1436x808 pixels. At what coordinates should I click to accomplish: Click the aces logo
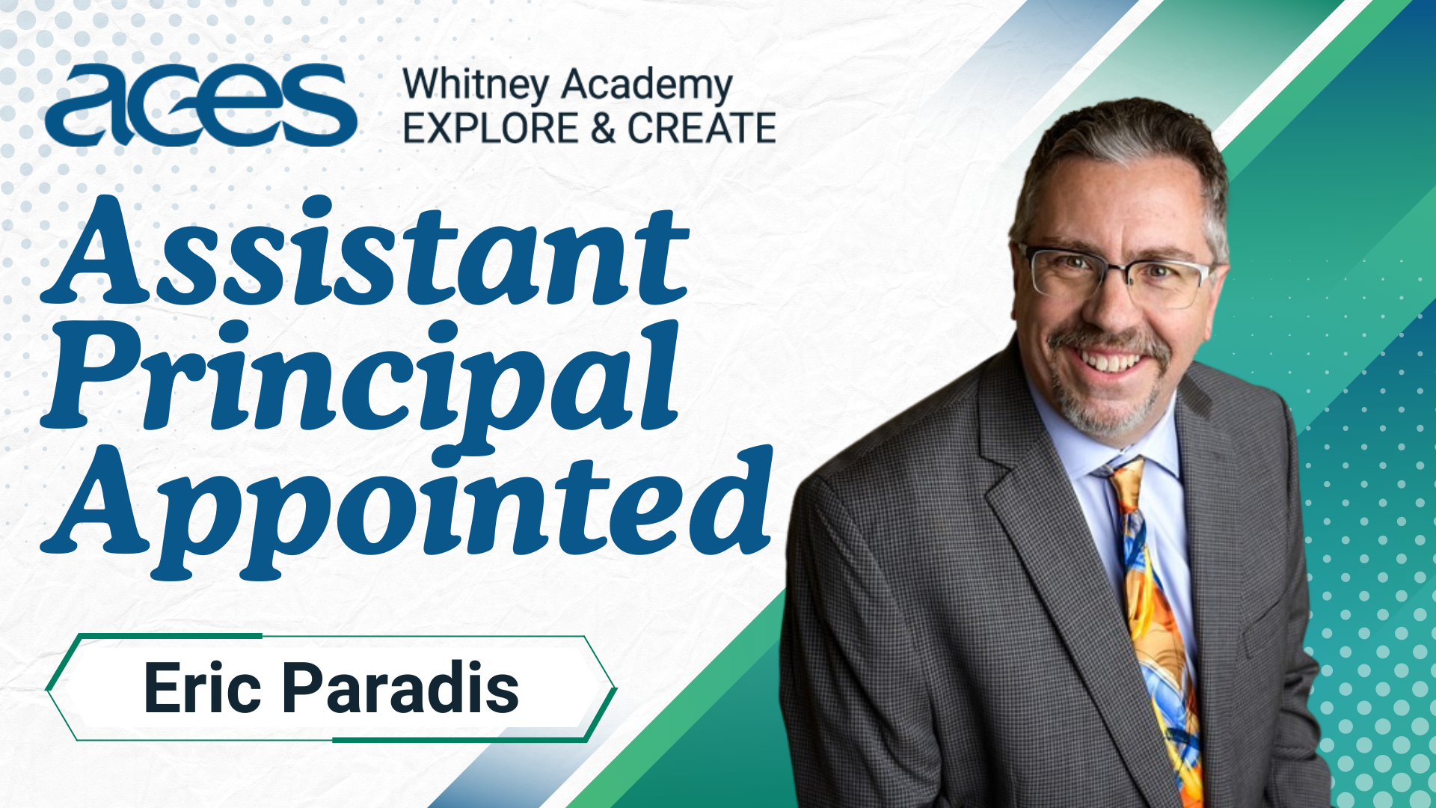(x=200, y=105)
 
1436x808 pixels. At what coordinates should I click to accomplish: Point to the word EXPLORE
(x=491, y=128)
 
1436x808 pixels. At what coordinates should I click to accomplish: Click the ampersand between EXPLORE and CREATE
(x=603, y=128)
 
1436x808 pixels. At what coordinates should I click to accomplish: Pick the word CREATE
(x=702, y=128)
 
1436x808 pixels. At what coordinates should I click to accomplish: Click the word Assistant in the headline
(x=365, y=251)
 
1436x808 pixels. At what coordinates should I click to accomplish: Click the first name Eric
(x=203, y=688)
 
